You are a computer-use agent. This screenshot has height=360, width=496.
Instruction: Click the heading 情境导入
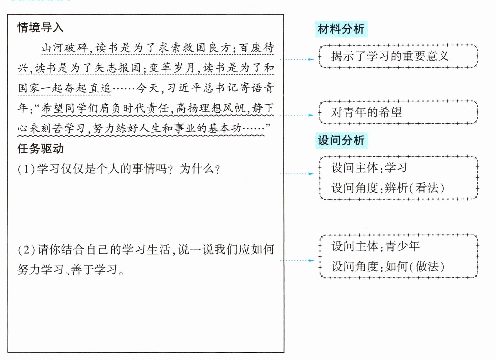tap(40, 28)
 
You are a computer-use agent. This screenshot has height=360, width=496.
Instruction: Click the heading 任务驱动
tap(40, 149)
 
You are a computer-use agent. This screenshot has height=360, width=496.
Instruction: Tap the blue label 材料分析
tap(341, 29)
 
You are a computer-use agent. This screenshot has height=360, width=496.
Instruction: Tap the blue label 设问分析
tap(341, 140)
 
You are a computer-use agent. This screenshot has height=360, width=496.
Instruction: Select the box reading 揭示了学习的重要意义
tap(398, 56)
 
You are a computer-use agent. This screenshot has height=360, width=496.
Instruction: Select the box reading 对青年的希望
tap(398, 112)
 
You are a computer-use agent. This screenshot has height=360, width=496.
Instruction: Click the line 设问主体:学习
tap(369, 168)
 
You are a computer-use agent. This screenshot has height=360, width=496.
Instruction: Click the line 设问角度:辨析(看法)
tap(387, 188)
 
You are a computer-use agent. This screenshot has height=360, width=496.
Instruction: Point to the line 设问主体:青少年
tap(375, 246)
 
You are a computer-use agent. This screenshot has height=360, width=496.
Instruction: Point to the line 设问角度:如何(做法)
tap(387, 266)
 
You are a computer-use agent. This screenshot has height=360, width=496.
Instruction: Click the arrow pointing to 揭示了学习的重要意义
tap(296, 59)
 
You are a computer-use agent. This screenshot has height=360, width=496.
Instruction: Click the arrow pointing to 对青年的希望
tap(296, 115)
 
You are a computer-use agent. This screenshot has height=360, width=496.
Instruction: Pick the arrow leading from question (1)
tap(296, 174)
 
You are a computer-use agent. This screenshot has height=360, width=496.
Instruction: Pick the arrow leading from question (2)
tap(296, 261)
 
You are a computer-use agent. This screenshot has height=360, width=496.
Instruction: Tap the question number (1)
tap(26, 169)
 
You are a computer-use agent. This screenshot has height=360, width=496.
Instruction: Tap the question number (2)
tap(26, 250)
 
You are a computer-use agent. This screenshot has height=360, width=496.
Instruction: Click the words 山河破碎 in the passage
tap(65, 47)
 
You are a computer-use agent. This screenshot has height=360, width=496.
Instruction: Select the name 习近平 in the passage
tap(184, 88)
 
